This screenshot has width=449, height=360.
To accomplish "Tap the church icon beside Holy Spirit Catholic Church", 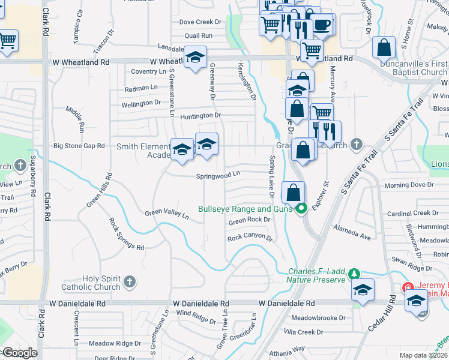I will click(129, 281).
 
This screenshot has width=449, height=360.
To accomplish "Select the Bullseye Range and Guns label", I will click(246, 209).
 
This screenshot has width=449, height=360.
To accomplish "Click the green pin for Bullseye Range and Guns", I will click(301, 209).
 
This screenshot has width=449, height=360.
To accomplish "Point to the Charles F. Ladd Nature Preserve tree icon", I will click(354, 274).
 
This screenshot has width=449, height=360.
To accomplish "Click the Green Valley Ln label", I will click(167, 213).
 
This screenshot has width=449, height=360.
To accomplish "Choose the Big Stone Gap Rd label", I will click(79, 146).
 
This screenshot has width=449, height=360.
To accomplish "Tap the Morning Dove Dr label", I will click(409, 185).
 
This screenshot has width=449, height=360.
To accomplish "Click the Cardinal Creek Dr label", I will click(413, 213).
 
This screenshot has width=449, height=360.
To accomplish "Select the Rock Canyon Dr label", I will click(249, 238).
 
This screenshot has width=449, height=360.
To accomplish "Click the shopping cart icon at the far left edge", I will click(7, 40).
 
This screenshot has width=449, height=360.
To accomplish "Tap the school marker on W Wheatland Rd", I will click(195, 57).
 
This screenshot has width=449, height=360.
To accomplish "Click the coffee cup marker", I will click(322, 25).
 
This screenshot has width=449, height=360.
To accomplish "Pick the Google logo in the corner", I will click(19, 353).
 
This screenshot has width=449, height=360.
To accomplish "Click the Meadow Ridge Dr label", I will click(115, 344).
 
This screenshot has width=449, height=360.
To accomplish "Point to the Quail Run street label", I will click(199, 35).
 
